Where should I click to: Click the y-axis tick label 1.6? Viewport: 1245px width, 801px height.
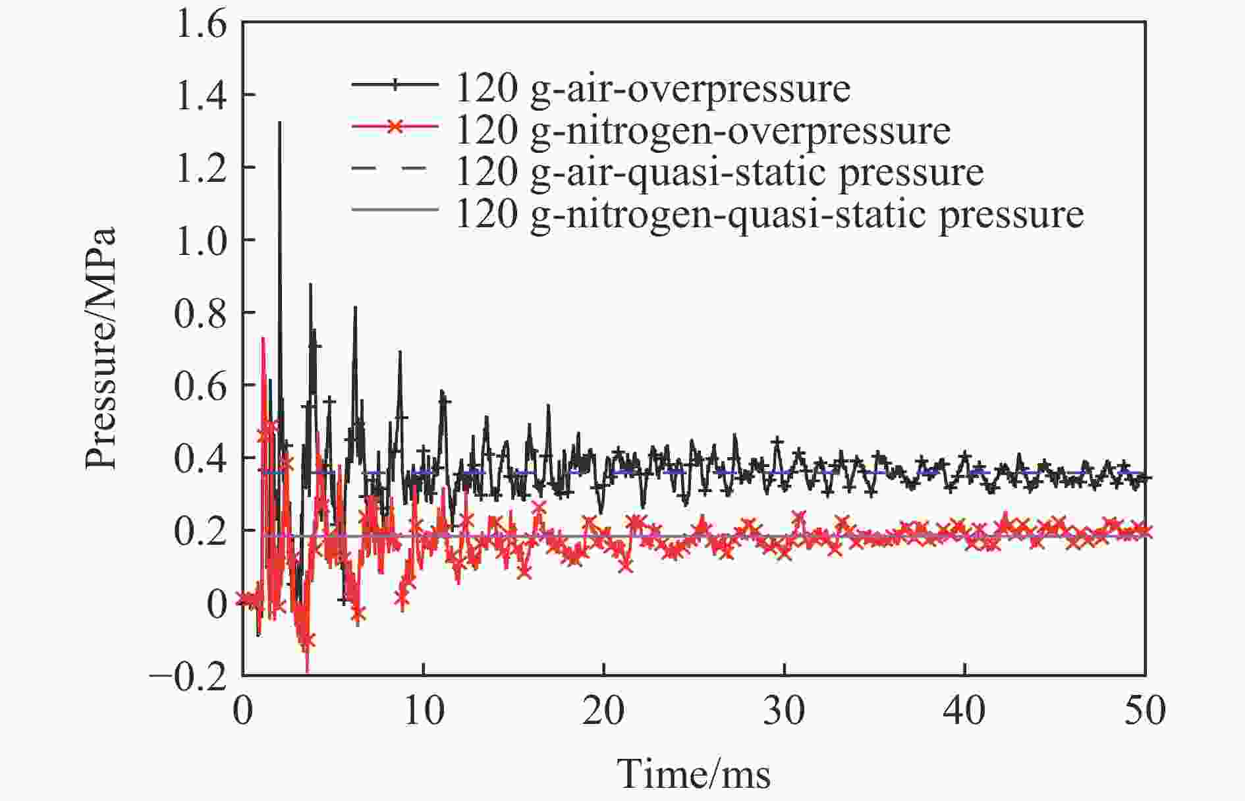(200, 25)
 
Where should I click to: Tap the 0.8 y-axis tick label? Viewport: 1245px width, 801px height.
(200, 314)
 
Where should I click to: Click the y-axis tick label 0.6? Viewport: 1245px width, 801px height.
(200, 386)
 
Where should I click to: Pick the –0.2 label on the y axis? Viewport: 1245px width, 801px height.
(189, 677)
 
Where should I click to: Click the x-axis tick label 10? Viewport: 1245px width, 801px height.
(423, 712)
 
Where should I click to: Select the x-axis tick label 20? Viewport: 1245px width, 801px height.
(603, 712)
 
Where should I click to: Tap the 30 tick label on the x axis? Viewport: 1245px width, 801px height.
(784, 712)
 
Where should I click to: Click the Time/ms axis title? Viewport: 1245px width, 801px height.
(694, 773)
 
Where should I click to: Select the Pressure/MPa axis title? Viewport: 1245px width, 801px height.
(100, 349)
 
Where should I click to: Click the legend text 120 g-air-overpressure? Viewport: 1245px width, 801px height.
(652, 89)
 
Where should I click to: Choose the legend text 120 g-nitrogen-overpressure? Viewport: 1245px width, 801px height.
(702, 130)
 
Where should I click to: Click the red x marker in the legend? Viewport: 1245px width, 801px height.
(395, 126)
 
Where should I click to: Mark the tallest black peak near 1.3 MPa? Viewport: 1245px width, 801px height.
(280, 123)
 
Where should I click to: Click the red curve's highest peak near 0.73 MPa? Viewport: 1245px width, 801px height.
(263, 339)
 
